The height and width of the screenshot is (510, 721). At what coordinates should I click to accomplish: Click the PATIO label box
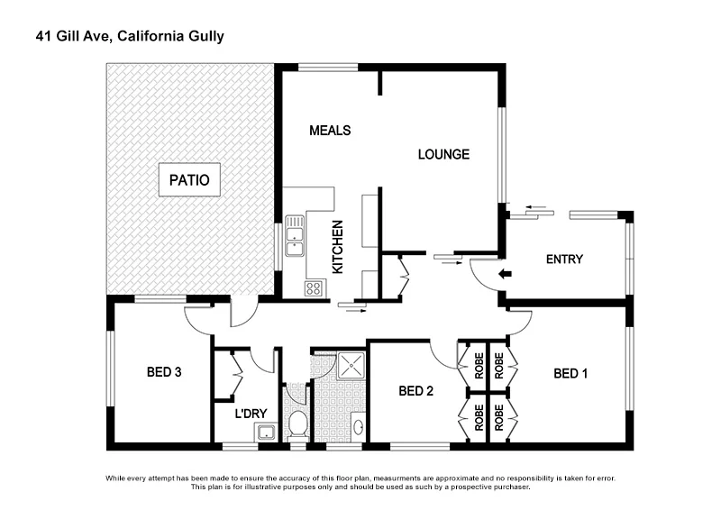coord(188,180)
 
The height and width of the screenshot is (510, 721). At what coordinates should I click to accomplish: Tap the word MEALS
coord(329,131)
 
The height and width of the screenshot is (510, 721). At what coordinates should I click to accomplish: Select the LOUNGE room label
coord(443,154)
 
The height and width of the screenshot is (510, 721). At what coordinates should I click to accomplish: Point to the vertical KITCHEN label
coord(338,247)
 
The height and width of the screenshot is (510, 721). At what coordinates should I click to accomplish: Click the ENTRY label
coord(564,260)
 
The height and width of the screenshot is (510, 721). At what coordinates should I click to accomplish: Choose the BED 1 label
coord(570,373)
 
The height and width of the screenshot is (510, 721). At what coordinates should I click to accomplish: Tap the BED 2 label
coord(416,391)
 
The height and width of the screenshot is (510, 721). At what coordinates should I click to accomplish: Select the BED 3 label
coord(165,371)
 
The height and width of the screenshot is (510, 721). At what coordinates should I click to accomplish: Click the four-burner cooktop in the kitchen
coord(314,288)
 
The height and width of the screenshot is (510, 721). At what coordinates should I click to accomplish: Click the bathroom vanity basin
coord(357,426)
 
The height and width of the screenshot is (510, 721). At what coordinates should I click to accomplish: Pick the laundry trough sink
coord(265,433)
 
